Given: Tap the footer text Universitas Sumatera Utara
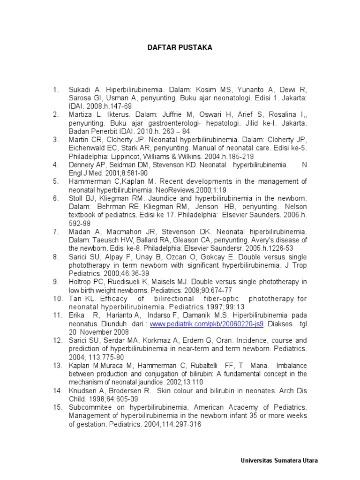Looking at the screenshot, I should click(278, 460).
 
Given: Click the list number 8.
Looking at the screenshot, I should click(56, 257).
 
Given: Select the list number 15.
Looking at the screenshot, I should click(58, 407).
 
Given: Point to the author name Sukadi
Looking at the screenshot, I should click(79, 89).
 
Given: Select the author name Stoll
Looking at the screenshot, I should click(75, 198).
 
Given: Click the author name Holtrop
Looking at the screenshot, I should click(80, 282).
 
